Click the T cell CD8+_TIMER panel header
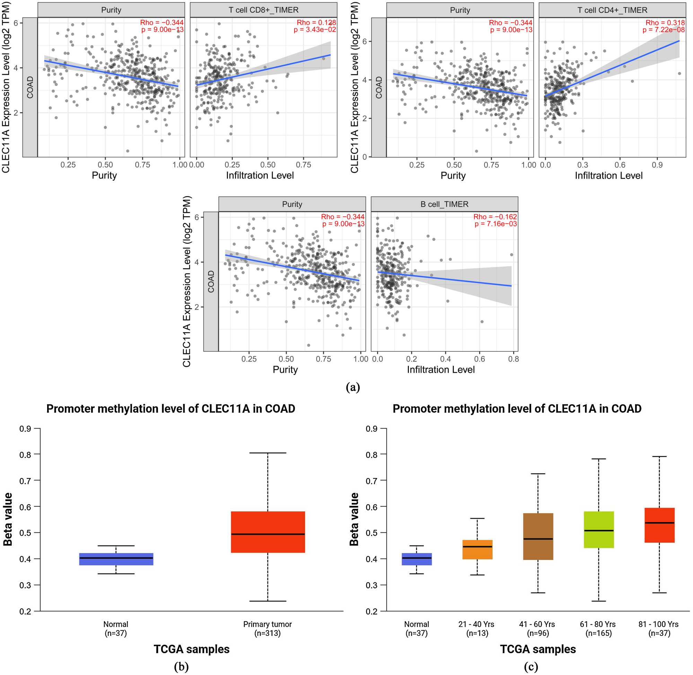click(x=263, y=10)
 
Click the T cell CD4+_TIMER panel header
click(x=612, y=10)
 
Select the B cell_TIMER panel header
click(x=444, y=204)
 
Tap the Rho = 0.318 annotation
click(x=665, y=23)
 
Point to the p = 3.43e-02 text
click(x=315, y=29)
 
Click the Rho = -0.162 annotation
click(x=495, y=217)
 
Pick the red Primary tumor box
click(x=268, y=532)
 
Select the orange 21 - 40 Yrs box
click(x=477, y=549)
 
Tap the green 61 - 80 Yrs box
click(x=598, y=530)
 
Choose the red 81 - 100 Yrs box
click(x=659, y=525)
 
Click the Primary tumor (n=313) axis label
click(x=267, y=629)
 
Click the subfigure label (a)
click(x=352, y=387)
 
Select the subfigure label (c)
click(x=530, y=667)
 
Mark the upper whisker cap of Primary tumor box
click(x=268, y=453)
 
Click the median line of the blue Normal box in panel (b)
click(x=116, y=558)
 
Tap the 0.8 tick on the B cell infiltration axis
click(x=514, y=359)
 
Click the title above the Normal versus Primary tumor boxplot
click(x=171, y=409)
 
